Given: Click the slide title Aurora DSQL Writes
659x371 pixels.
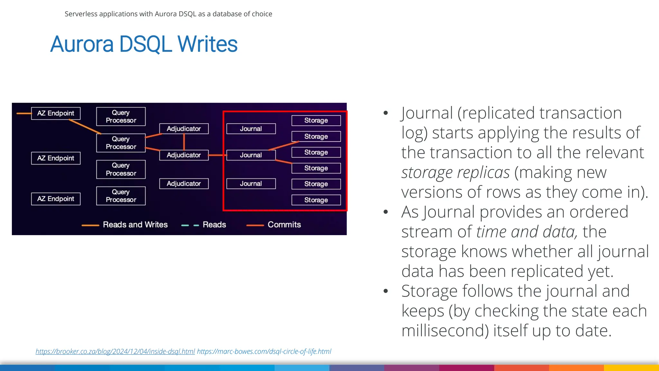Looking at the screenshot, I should tap(144, 44).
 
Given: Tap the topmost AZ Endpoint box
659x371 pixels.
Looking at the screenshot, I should tap(56, 113).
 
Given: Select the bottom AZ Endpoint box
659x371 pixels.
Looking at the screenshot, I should tap(56, 199).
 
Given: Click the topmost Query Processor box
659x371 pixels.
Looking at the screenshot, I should tap(121, 117).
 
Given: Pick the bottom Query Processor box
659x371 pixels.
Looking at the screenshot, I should tap(121, 196).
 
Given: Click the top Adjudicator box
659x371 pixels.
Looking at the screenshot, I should tap(184, 129).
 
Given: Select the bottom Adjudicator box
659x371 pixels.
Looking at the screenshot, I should tap(184, 184).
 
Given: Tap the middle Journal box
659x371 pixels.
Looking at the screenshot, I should tap(251, 155).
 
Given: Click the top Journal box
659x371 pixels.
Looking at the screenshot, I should tap(251, 129).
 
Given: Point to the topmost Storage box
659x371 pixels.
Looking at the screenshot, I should tap(316, 120).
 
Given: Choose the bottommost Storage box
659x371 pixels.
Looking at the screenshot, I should tap(316, 200).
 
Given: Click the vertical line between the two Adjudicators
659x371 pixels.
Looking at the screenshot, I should tap(184, 142).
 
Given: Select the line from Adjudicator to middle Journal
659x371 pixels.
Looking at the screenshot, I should tap(218, 155).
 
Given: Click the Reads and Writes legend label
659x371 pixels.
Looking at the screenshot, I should tap(135, 224).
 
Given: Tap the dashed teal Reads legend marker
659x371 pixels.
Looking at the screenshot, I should tap(190, 225).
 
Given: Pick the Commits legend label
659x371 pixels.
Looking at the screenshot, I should tap(284, 224).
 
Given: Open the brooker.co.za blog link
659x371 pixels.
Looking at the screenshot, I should tap(115, 351).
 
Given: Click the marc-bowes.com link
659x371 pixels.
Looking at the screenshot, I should tap(264, 351).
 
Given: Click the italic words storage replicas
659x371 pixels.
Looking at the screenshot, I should tap(455, 173).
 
